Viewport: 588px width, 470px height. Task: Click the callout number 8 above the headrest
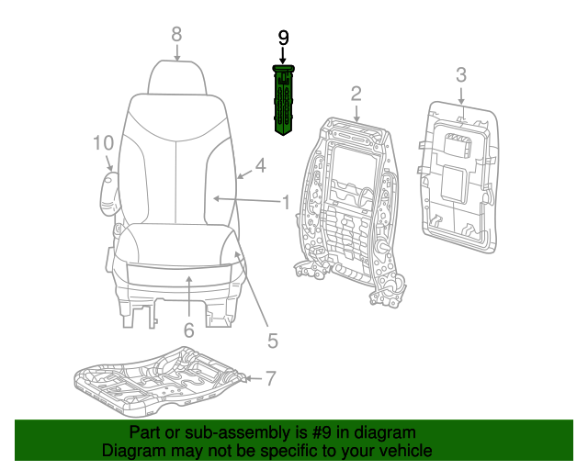(x=176, y=34)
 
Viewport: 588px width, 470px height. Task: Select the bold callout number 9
(x=283, y=38)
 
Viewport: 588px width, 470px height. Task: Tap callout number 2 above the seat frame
(x=356, y=93)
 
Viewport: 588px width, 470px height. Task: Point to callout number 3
(x=461, y=74)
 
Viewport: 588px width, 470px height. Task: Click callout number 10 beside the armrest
(x=102, y=142)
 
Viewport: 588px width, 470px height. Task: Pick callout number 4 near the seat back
(x=260, y=166)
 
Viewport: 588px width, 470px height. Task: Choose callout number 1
(x=286, y=201)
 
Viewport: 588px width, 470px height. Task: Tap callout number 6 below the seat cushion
(x=188, y=330)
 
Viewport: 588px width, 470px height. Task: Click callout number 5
(x=272, y=341)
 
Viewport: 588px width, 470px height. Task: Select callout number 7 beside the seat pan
(x=270, y=377)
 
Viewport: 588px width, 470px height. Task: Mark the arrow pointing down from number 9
(x=283, y=57)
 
